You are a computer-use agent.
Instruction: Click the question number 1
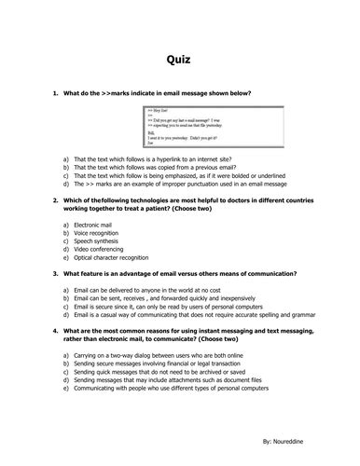click(x=56, y=94)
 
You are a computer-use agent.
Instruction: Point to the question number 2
click(x=56, y=200)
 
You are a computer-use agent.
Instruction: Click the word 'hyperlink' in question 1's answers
click(x=153, y=159)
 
